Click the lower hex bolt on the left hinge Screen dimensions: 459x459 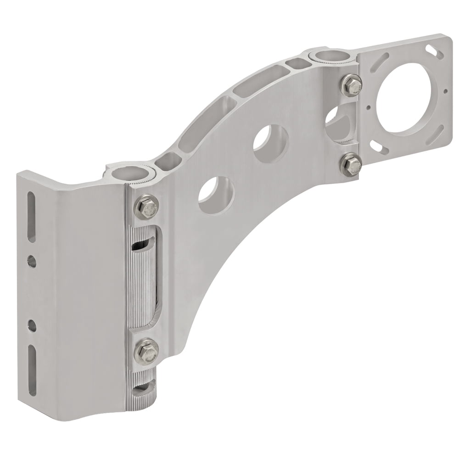[147, 351]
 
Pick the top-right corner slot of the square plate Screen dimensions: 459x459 [432, 49]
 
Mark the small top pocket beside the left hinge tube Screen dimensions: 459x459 [168, 162]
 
